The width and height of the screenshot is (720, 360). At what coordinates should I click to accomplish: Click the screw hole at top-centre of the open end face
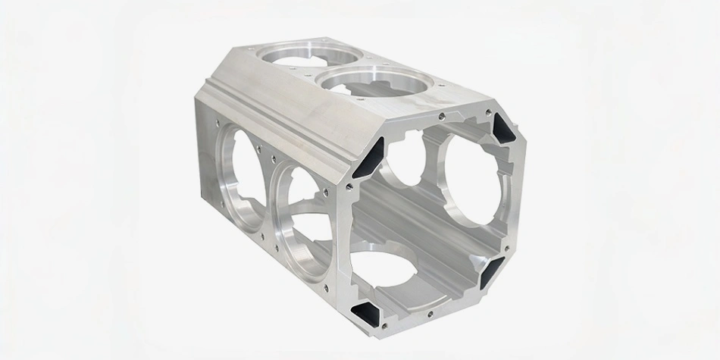(441, 116)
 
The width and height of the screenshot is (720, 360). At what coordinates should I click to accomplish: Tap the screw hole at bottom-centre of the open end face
(430, 311)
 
